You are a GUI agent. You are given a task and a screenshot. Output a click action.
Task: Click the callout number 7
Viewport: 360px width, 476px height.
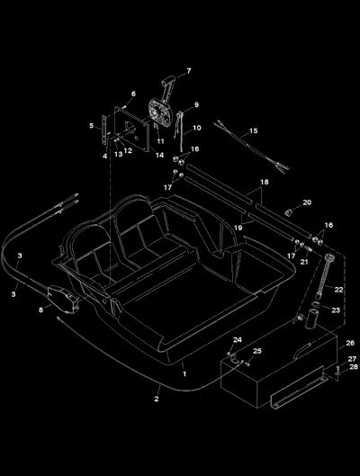click(x=189, y=71)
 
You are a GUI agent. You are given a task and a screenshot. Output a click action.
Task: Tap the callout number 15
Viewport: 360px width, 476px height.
click(x=254, y=130)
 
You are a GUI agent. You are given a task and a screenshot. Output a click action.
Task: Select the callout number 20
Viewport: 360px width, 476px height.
click(x=307, y=202)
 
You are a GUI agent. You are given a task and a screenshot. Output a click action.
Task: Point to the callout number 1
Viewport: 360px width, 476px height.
click(x=184, y=374)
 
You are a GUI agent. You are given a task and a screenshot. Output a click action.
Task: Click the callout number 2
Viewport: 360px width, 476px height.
click(x=157, y=399)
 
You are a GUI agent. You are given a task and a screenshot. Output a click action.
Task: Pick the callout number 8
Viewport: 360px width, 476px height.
click(x=41, y=310)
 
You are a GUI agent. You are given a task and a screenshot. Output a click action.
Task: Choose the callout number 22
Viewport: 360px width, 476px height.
click(x=338, y=290)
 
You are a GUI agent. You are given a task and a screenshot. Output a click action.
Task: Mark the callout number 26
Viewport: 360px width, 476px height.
click(x=350, y=343)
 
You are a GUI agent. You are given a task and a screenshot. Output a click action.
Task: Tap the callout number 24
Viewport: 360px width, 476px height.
click(x=238, y=340)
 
